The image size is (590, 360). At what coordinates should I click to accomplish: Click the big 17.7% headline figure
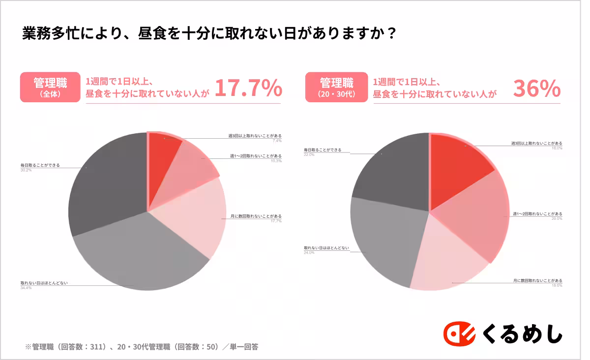coord(248,89)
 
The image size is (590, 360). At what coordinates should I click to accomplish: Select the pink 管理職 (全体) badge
coord(50,87)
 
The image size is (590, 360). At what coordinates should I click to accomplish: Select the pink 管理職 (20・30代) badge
coord(336,87)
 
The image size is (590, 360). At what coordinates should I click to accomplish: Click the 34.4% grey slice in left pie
coord(138,256)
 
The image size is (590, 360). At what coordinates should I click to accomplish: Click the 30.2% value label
coord(26,170)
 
